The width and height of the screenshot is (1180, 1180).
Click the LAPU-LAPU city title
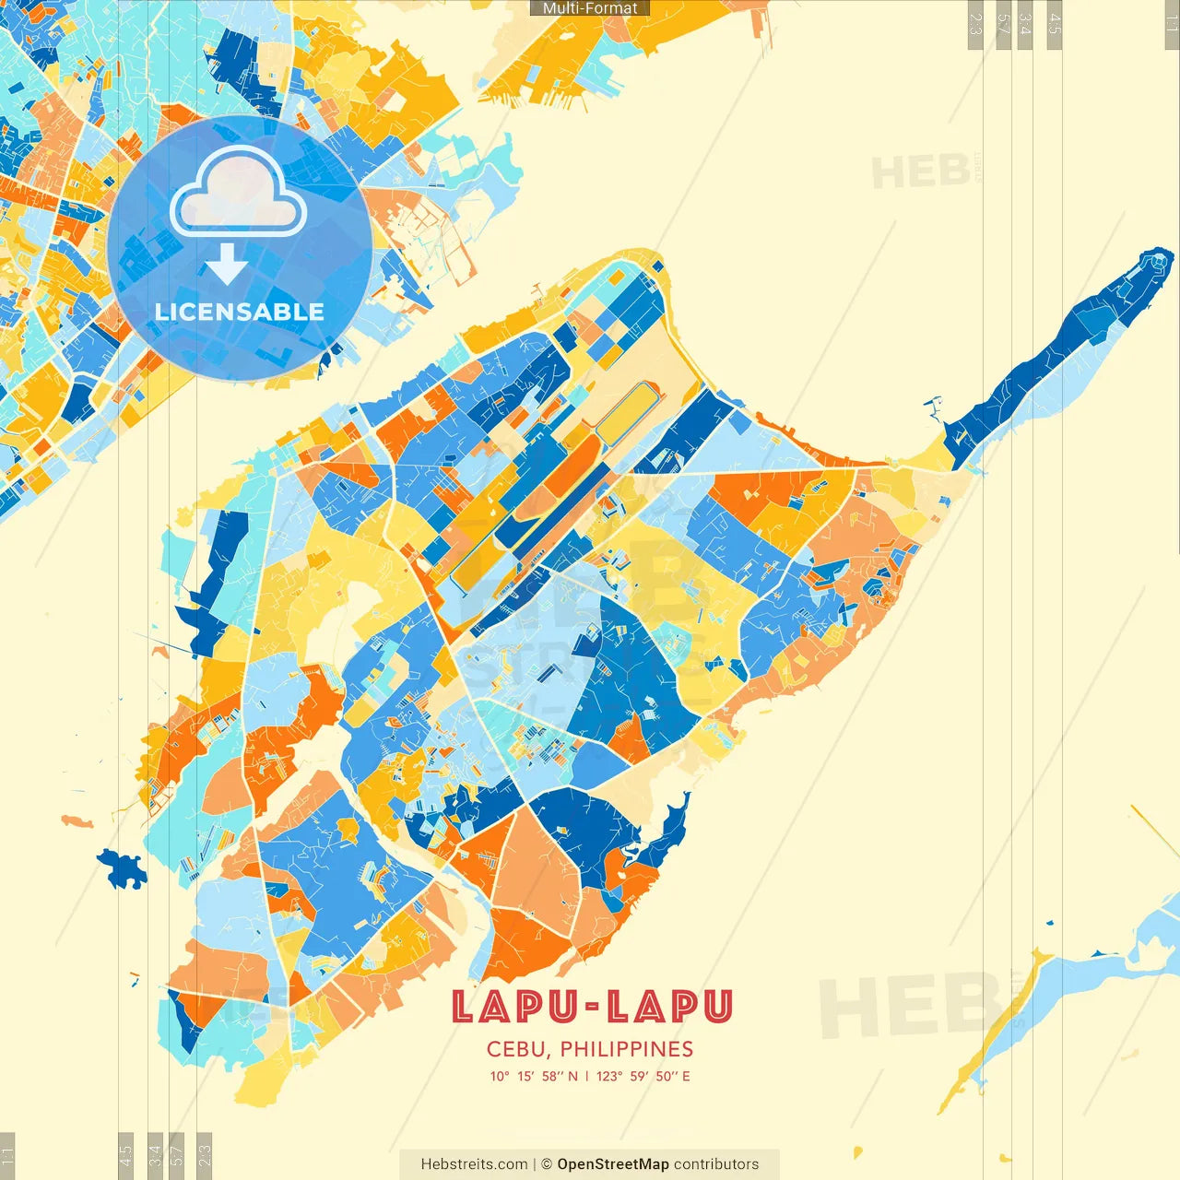[x=591, y=1007]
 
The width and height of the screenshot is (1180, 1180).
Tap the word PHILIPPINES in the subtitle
[x=626, y=1049]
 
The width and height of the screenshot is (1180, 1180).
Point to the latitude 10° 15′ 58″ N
[x=534, y=1076]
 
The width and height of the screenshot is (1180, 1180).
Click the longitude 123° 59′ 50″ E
[x=643, y=1076]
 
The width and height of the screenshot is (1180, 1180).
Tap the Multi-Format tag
[x=590, y=8]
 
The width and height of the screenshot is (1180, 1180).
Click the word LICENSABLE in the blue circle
[x=240, y=312]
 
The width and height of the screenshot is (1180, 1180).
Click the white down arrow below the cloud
[x=227, y=265]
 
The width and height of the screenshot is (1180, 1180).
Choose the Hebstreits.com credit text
[x=474, y=1164]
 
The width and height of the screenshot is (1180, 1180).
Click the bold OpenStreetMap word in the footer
[x=613, y=1164]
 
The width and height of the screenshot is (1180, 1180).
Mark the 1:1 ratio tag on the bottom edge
[x=7, y=1155]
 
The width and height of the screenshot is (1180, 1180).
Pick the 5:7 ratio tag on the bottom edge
[x=176, y=1155]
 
